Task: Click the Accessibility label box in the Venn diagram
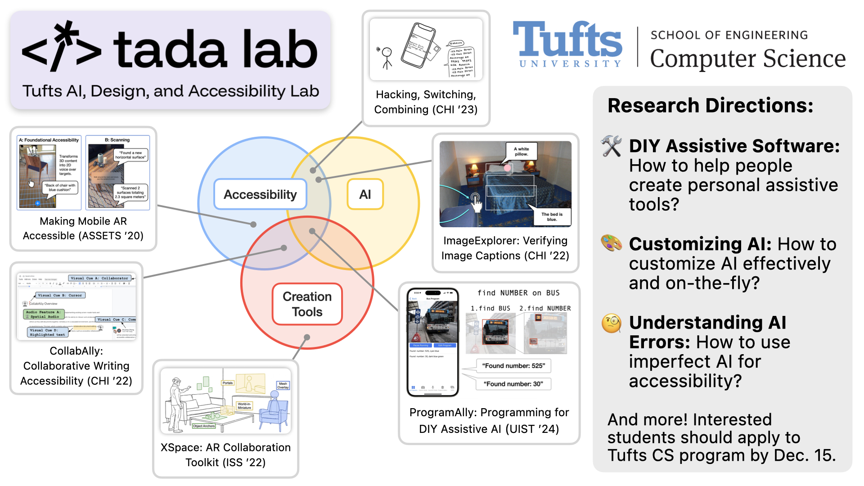[260, 194]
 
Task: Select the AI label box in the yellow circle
[365, 194]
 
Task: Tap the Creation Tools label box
[307, 304]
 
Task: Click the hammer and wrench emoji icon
[612, 146]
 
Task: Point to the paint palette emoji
[612, 243]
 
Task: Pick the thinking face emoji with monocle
[612, 323]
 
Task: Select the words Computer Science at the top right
[747, 58]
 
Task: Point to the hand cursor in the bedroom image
[476, 202]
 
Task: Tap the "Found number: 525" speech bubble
[513, 366]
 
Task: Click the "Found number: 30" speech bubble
[513, 384]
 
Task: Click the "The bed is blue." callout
[552, 217]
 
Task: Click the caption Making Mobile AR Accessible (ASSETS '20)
[83, 229]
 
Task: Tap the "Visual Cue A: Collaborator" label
[99, 278]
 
